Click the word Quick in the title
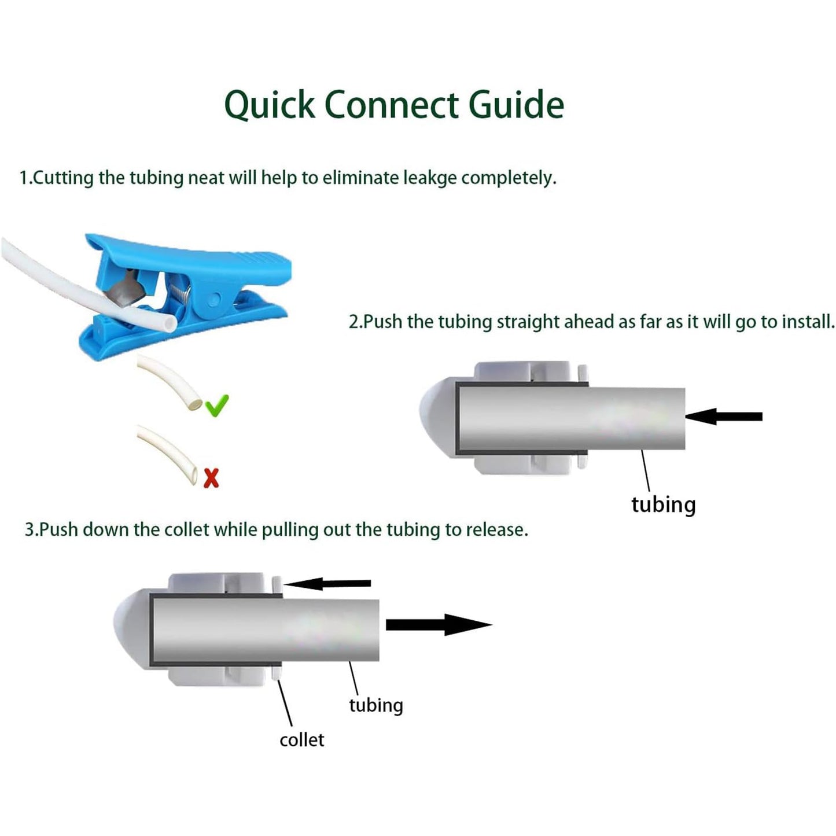click(269, 105)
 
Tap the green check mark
click(217, 406)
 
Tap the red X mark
click(212, 478)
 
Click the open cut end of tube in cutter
click(168, 324)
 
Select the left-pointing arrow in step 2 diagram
click(723, 416)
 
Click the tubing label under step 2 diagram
click(663, 504)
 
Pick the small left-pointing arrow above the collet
click(327, 583)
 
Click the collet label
click(301, 740)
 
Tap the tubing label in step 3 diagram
click(375, 705)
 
